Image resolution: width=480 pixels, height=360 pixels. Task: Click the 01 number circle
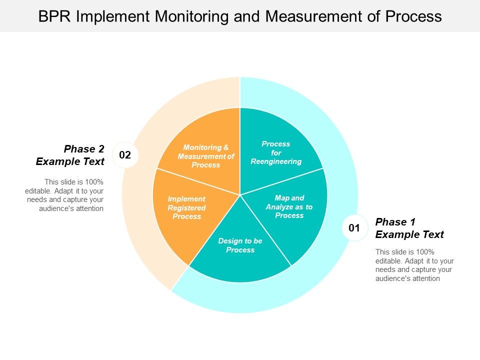[354, 228]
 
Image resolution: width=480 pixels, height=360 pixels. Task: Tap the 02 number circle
[125, 155]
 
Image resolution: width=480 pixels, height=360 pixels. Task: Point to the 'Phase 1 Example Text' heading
[409, 228]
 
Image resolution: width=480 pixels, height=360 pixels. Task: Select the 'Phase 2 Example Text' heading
[70, 155]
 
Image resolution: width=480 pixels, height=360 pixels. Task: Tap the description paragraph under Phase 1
[414, 265]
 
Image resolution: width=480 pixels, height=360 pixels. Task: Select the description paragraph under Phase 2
[65, 195]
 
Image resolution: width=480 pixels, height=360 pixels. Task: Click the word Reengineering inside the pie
[276, 161]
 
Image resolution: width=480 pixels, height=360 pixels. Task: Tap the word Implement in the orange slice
[186, 199]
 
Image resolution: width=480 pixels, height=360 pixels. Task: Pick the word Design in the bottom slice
[228, 241]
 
